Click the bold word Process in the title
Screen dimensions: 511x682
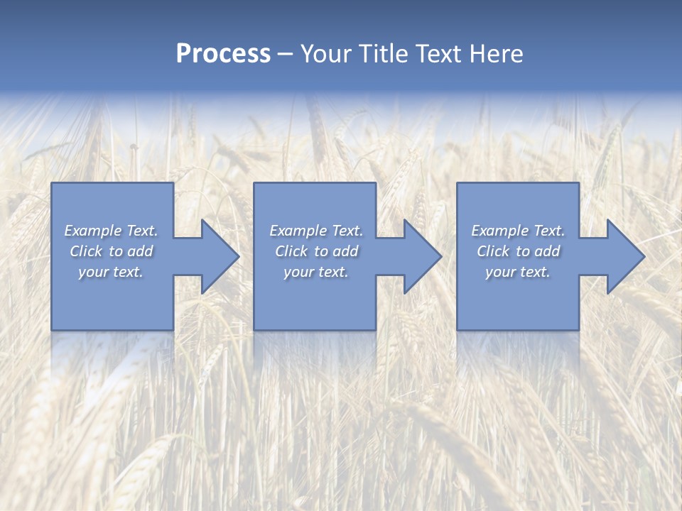click(x=223, y=54)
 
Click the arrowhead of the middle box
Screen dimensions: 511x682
click(x=421, y=256)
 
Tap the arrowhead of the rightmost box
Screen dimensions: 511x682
click(x=624, y=256)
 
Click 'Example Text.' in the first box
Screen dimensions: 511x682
click(x=112, y=231)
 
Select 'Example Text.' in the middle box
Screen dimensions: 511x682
click(x=316, y=231)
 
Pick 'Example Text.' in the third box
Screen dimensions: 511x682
click(x=518, y=231)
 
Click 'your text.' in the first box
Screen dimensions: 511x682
click(x=111, y=272)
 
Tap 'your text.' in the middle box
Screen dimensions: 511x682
click(x=316, y=272)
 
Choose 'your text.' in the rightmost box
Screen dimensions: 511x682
click(x=518, y=272)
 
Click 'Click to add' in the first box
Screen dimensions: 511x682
click(x=112, y=251)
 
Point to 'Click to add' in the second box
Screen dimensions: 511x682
click(x=316, y=251)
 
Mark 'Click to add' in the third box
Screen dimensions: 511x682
click(x=518, y=251)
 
